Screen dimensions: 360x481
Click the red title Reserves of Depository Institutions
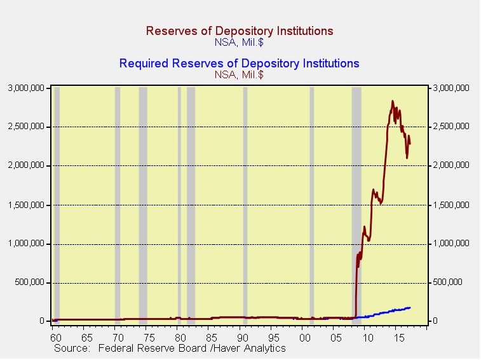point(240,31)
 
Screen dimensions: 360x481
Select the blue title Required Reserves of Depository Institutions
point(239,63)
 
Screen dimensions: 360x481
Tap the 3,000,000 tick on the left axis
point(26,88)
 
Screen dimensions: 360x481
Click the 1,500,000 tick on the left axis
point(26,205)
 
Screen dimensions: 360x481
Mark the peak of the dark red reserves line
point(393,100)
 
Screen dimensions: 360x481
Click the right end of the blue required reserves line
point(410,307)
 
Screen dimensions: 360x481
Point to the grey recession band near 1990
point(245,204)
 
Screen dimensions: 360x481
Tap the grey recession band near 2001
point(312,204)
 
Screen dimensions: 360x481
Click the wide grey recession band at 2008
point(356,204)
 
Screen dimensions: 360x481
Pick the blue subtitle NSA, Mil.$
point(239,43)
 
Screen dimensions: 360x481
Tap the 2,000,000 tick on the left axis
point(26,165)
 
